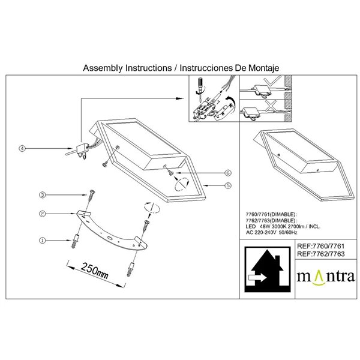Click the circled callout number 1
42,240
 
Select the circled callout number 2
42,214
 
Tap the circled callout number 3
42,195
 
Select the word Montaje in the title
260,68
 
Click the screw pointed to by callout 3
91,194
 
